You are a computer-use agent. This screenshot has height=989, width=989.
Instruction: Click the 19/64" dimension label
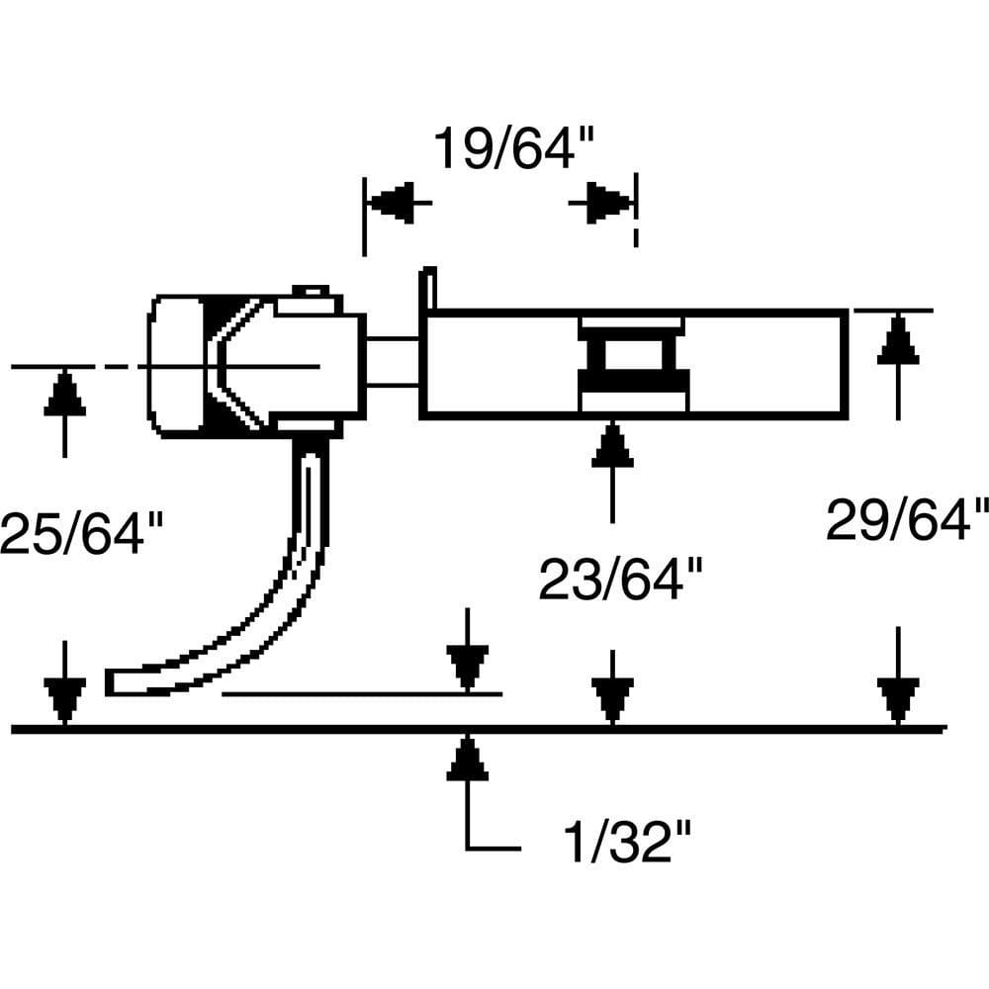tap(514, 149)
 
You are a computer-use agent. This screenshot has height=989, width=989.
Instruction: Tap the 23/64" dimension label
tap(620, 579)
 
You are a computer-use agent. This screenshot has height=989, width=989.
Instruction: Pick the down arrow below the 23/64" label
tap(612, 700)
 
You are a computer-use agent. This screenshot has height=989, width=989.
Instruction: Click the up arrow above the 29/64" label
tap(897, 341)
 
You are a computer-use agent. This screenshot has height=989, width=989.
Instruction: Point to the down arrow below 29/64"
tap(897, 700)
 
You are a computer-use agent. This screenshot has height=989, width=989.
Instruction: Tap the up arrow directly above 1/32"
tap(468, 760)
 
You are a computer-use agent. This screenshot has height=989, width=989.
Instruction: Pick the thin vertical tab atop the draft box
tap(428, 288)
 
